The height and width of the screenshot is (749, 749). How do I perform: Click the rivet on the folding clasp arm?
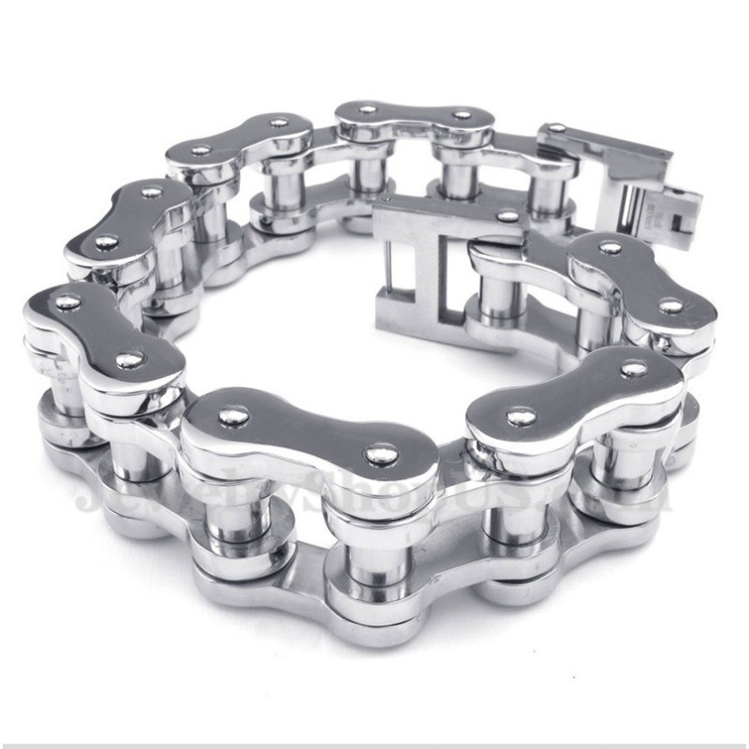tap(558, 128)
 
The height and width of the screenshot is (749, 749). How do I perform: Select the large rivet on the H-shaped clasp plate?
tap(508, 216)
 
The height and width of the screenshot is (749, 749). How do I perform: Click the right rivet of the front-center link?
tap(379, 455)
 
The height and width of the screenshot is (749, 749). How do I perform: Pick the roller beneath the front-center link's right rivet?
tap(369, 552)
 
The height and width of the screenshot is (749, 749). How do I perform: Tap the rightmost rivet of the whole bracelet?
tap(670, 305)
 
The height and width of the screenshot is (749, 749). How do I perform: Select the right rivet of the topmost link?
tap(462, 116)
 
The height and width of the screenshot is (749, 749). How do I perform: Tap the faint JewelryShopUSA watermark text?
tap(374, 492)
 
